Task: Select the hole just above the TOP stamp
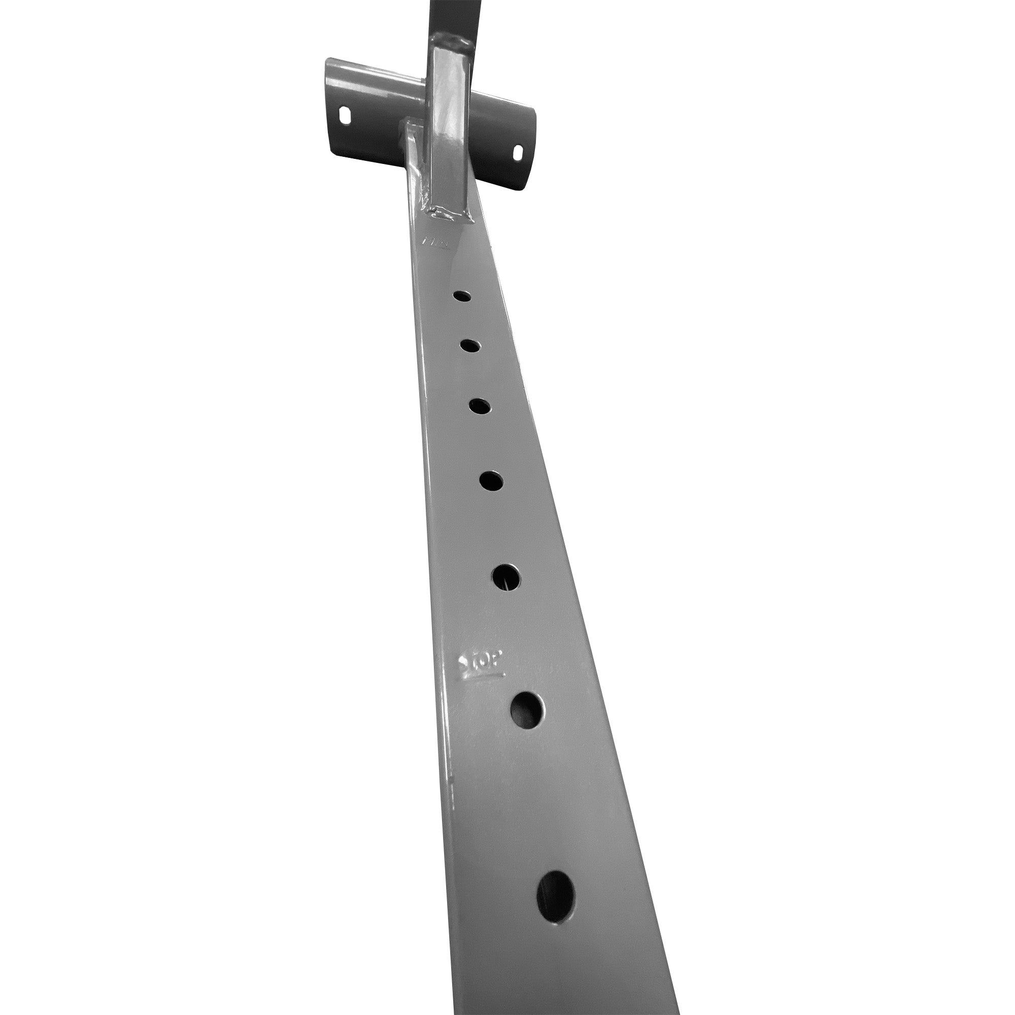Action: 507,577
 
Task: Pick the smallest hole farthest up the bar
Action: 462,296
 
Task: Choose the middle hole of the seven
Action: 491,480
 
